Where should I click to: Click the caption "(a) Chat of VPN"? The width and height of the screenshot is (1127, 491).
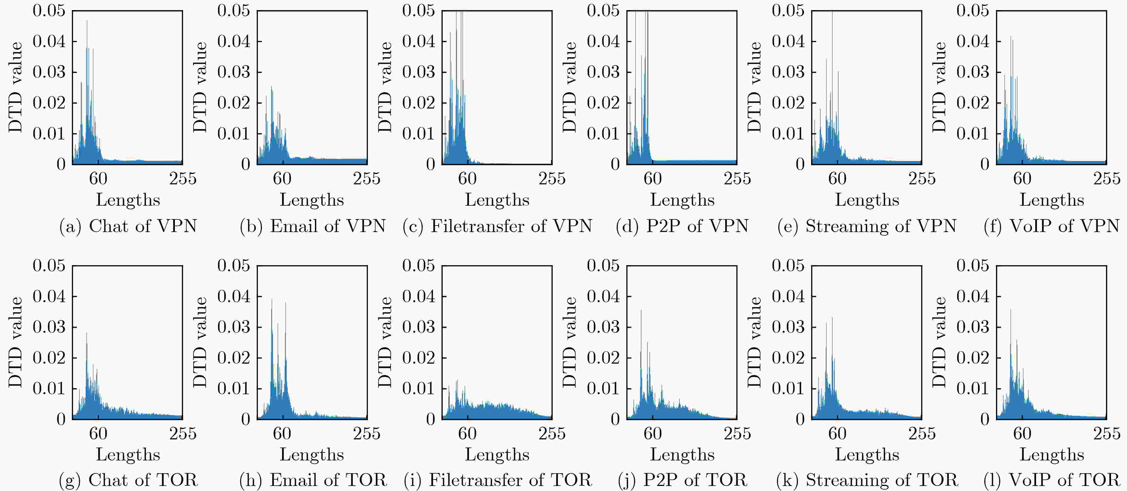[128, 226]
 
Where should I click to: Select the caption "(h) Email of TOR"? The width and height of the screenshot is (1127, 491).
[313, 480]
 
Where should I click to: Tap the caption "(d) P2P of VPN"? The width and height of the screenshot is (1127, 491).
[682, 226]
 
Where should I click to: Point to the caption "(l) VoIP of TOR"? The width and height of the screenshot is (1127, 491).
[1051, 480]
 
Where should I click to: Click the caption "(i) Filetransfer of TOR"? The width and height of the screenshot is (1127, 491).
[498, 480]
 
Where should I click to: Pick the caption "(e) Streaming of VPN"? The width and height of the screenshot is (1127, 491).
[867, 226]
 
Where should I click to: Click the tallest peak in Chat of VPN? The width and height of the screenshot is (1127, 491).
[87, 21]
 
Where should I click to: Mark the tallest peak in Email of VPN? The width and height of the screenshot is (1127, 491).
[271, 87]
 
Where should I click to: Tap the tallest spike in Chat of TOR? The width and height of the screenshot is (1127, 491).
[87, 334]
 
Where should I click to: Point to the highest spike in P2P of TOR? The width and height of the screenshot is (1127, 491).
[641, 310]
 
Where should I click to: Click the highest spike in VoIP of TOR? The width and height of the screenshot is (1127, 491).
[1011, 309]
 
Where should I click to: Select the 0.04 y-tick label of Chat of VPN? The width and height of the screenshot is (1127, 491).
[49, 42]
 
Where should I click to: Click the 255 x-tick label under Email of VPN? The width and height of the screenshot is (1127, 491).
[366, 178]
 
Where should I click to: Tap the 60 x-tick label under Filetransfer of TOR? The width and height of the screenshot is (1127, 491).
[467, 433]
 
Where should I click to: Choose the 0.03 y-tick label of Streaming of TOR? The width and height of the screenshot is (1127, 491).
[788, 327]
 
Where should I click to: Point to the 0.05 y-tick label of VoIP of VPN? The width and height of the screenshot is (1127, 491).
[973, 10]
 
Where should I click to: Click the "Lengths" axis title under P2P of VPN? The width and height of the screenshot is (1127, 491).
[682, 200]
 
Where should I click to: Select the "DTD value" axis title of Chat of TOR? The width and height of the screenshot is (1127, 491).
[16, 342]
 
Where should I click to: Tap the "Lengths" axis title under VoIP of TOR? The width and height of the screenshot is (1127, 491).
[1052, 455]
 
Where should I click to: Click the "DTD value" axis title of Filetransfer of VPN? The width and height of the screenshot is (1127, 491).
[385, 87]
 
